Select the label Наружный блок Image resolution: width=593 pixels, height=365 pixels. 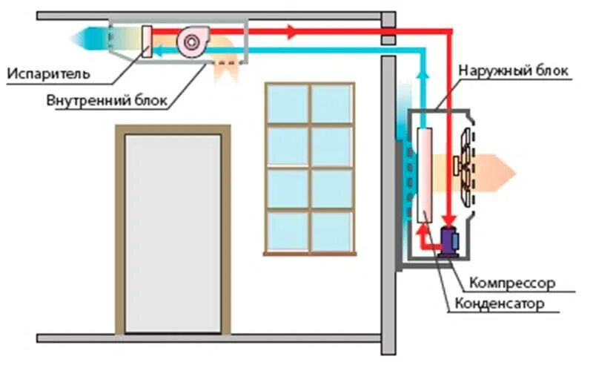coord(514,71)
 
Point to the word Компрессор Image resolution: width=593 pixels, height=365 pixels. coord(512,283)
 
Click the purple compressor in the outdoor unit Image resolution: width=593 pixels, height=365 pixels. coord(450,240)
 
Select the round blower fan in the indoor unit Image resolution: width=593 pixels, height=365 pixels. coord(191,43)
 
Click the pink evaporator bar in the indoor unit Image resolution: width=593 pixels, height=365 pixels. coord(147,43)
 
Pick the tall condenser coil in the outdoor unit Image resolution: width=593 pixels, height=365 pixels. coord(425,175)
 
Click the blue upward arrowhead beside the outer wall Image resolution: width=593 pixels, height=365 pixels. coord(423,73)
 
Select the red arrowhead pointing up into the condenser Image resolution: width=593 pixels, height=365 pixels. coord(424,229)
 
